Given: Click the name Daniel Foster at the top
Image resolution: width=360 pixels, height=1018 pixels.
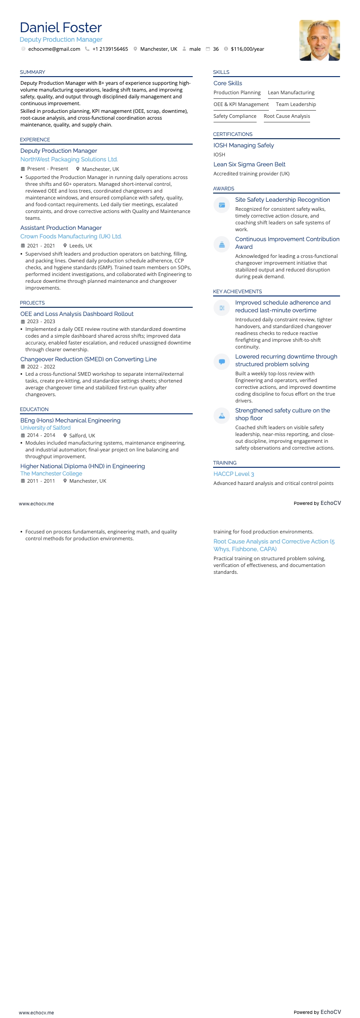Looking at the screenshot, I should pyautogui.click(x=61, y=28).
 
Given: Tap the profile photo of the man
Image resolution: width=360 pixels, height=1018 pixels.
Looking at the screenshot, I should pyautogui.click(x=319, y=40).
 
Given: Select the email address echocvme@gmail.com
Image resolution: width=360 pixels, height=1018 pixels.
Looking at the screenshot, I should pyautogui.click(x=54, y=49).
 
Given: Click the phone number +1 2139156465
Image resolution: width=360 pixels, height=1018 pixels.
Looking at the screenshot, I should pyautogui.click(x=110, y=49).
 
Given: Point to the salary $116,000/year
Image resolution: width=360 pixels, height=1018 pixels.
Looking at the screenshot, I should pyautogui.click(x=247, y=49).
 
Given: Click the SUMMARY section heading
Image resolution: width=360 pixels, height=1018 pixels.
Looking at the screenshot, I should pyautogui.click(x=33, y=72).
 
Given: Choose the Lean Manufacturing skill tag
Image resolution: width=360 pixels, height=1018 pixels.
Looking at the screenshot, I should pyautogui.click(x=291, y=92).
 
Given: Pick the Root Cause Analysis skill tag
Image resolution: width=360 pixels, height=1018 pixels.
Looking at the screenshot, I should pyautogui.click(x=287, y=116).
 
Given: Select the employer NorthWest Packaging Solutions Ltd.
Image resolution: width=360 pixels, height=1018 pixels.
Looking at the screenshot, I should pyautogui.click(x=69, y=160).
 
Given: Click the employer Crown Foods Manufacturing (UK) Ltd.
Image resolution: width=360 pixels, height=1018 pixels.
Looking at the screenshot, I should pyautogui.click(x=71, y=237).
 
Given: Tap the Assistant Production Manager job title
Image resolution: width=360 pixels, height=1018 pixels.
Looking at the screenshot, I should pyautogui.click(x=61, y=228).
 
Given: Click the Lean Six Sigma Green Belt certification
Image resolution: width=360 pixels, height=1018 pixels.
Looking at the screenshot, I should pyautogui.click(x=249, y=165).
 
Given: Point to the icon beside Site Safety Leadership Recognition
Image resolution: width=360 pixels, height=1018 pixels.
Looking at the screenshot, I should pyautogui.click(x=222, y=205).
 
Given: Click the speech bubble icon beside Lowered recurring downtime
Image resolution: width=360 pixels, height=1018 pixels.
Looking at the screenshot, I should pyautogui.click(x=222, y=362).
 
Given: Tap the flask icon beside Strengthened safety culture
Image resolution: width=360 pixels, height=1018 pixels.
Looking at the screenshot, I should pyautogui.click(x=222, y=416).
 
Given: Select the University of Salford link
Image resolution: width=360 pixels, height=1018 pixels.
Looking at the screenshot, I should pyautogui.click(x=45, y=428).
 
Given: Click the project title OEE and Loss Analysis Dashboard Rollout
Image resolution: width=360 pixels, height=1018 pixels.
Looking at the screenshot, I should pyautogui.click(x=77, y=314).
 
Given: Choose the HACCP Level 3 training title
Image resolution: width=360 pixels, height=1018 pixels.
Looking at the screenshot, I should pyautogui.click(x=234, y=474).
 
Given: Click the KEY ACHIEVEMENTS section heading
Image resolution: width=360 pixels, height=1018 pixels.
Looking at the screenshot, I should pyautogui.click(x=238, y=291).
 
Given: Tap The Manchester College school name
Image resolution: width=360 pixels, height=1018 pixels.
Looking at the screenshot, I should pyautogui.click(x=51, y=474).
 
